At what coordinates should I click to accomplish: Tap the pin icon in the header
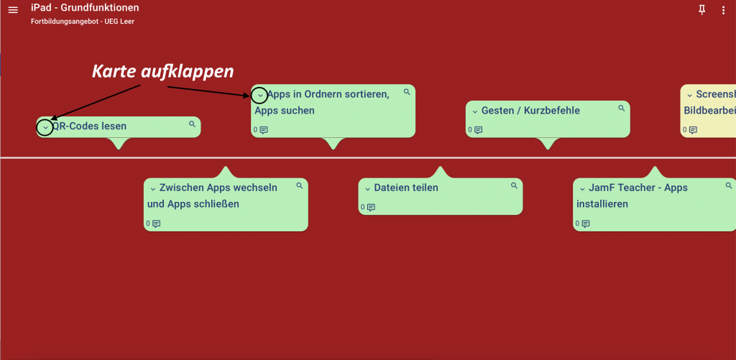(x=702, y=9)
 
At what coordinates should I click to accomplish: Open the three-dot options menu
(x=723, y=10)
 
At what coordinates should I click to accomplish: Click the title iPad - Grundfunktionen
(x=85, y=8)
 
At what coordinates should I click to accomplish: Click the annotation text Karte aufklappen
(x=162, y=72)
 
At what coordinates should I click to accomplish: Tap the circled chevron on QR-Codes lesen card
(x=45, y=128)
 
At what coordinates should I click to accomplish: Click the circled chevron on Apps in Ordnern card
(x=260, y=95)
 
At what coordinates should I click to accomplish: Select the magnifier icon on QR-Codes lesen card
(x=192, y=124)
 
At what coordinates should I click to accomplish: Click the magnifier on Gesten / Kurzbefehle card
(x=621, y=109)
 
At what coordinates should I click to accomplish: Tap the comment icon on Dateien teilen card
(x=371, y=208)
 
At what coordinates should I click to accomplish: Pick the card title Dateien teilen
(x=406, y=188)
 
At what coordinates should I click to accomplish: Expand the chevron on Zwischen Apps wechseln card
(x=152, y=188)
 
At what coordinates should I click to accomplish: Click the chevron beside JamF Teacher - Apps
(x=582, y=188)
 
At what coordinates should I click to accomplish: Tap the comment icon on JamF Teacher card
(x=585, y=223)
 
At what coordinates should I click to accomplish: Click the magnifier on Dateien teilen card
(x=514, y=185)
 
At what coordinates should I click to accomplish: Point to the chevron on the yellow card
(x=689, y=96)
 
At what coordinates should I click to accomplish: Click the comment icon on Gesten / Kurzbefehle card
(x=478, y=130)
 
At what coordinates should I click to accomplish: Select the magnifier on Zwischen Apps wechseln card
(x=300, y=185)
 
